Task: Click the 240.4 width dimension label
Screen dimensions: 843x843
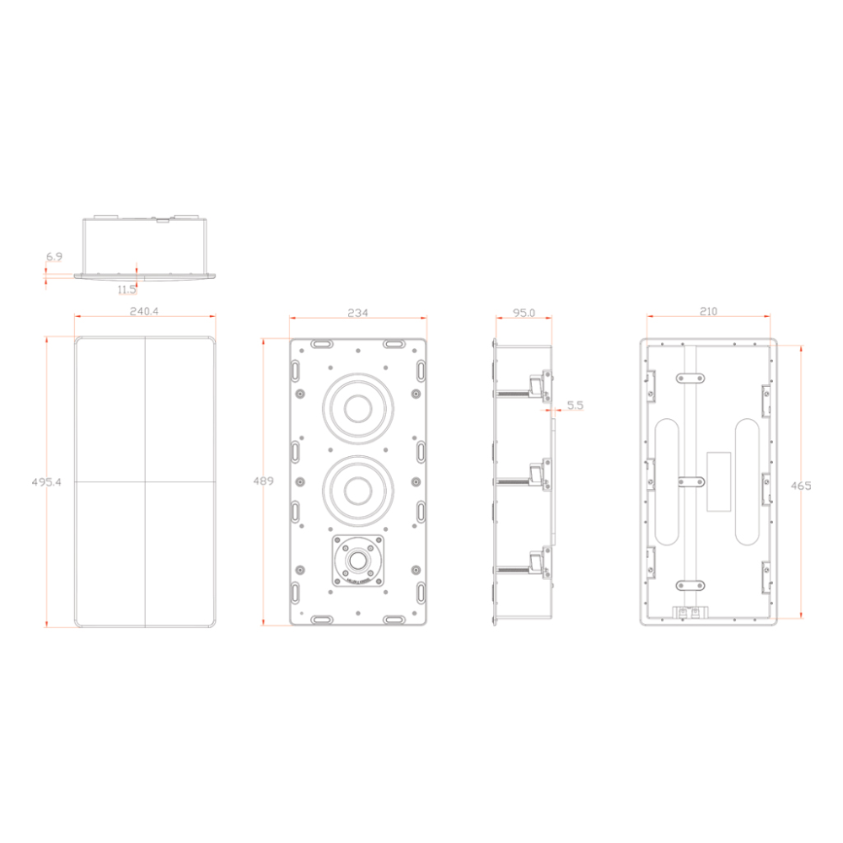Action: tap(144, 311)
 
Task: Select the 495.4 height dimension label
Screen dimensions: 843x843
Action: tap(46, 481)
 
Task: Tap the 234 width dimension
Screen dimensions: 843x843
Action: tap(358, 313)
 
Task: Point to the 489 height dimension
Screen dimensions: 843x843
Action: tap(263, 481)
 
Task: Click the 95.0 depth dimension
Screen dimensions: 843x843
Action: tap(524, 313)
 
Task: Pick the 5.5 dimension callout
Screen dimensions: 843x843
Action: tap(575, 405)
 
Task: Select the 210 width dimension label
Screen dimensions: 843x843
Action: tap(709, 311)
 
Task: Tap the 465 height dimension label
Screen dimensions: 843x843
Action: tap(801, 486)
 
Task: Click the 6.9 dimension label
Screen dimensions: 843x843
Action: tap(54, 256)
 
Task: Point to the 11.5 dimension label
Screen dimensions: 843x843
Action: tap(126, 289)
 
